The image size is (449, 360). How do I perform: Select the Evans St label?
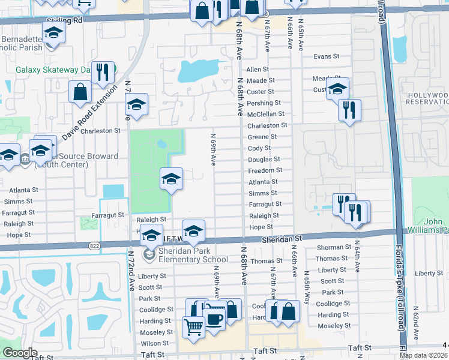tap(327, 57)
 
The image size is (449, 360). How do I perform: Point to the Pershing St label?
tap(264, 103)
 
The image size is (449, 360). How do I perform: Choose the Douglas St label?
tap(264, 160)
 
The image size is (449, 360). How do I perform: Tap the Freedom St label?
tap(265, 170)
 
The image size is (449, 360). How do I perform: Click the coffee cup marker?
tap(214, 319)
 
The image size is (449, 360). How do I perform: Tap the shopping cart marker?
tap(193, 328)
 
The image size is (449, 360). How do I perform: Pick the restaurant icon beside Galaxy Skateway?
tap(103, 73)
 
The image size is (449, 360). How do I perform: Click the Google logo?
tap(20, 353)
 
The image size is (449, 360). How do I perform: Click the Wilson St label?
tap(154, 344)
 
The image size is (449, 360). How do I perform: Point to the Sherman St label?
tap(330, 247)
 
